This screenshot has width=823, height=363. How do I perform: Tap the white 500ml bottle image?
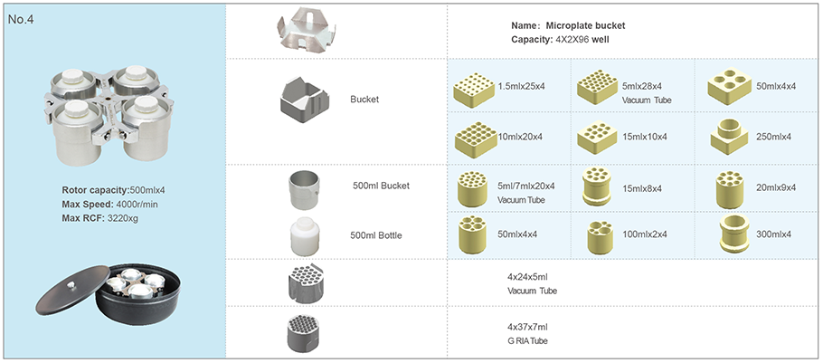(x=304, y=236)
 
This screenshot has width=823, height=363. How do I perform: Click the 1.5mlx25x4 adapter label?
(x=522, y=86)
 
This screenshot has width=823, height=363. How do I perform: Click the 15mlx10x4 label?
(x=644, y=137)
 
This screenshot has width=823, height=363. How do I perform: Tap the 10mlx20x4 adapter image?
(x=475, y=136)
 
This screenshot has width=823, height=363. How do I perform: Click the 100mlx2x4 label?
(x=643, y=235)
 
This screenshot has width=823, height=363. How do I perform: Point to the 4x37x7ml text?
(x=528, y=326)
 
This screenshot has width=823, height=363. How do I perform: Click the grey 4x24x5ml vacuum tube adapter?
(x=304, y=282)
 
